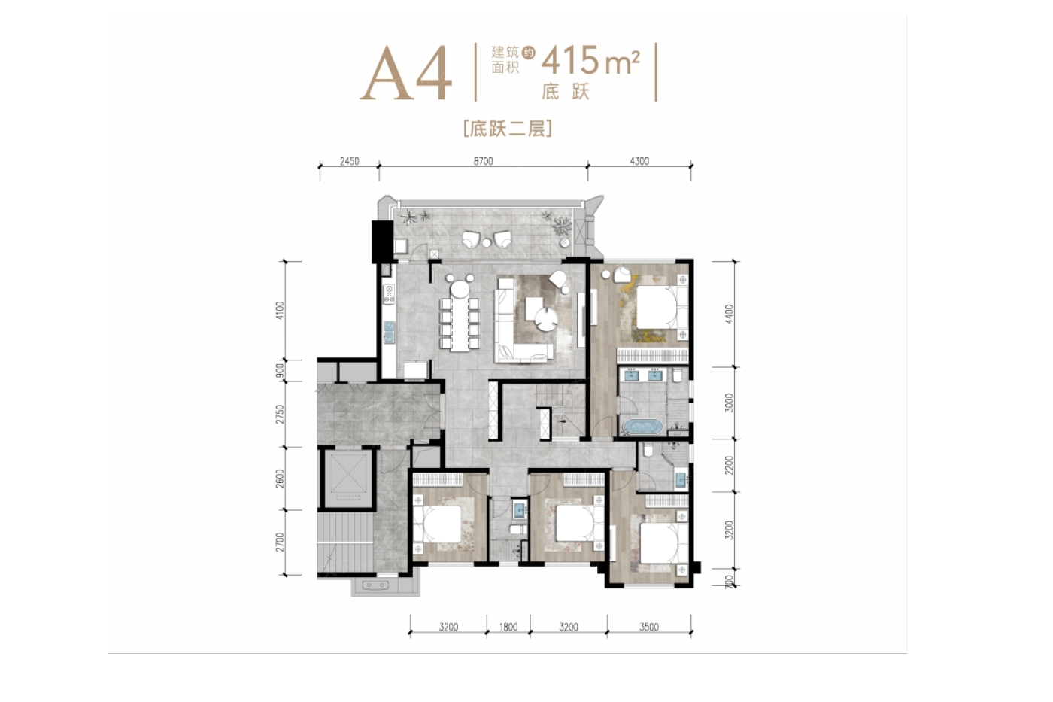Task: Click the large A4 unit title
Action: (405, 73)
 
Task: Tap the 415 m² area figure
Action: (590, 61)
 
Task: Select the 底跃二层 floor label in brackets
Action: (508, 129)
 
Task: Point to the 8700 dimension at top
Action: (483, 161)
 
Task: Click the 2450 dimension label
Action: (349, 161)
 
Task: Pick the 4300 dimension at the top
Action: (639, 161)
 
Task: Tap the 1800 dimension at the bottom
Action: (508, 627)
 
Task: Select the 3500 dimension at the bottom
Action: (649, 627)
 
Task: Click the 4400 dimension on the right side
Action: (729, 314)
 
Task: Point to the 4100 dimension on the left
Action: (280, 311)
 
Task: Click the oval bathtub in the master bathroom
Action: (642, 427)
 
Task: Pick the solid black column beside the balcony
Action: (382, 242)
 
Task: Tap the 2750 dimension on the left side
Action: (280, 415)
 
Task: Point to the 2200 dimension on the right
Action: (729, 465)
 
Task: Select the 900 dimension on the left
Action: (280, 370)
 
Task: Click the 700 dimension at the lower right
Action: (730, 582)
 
